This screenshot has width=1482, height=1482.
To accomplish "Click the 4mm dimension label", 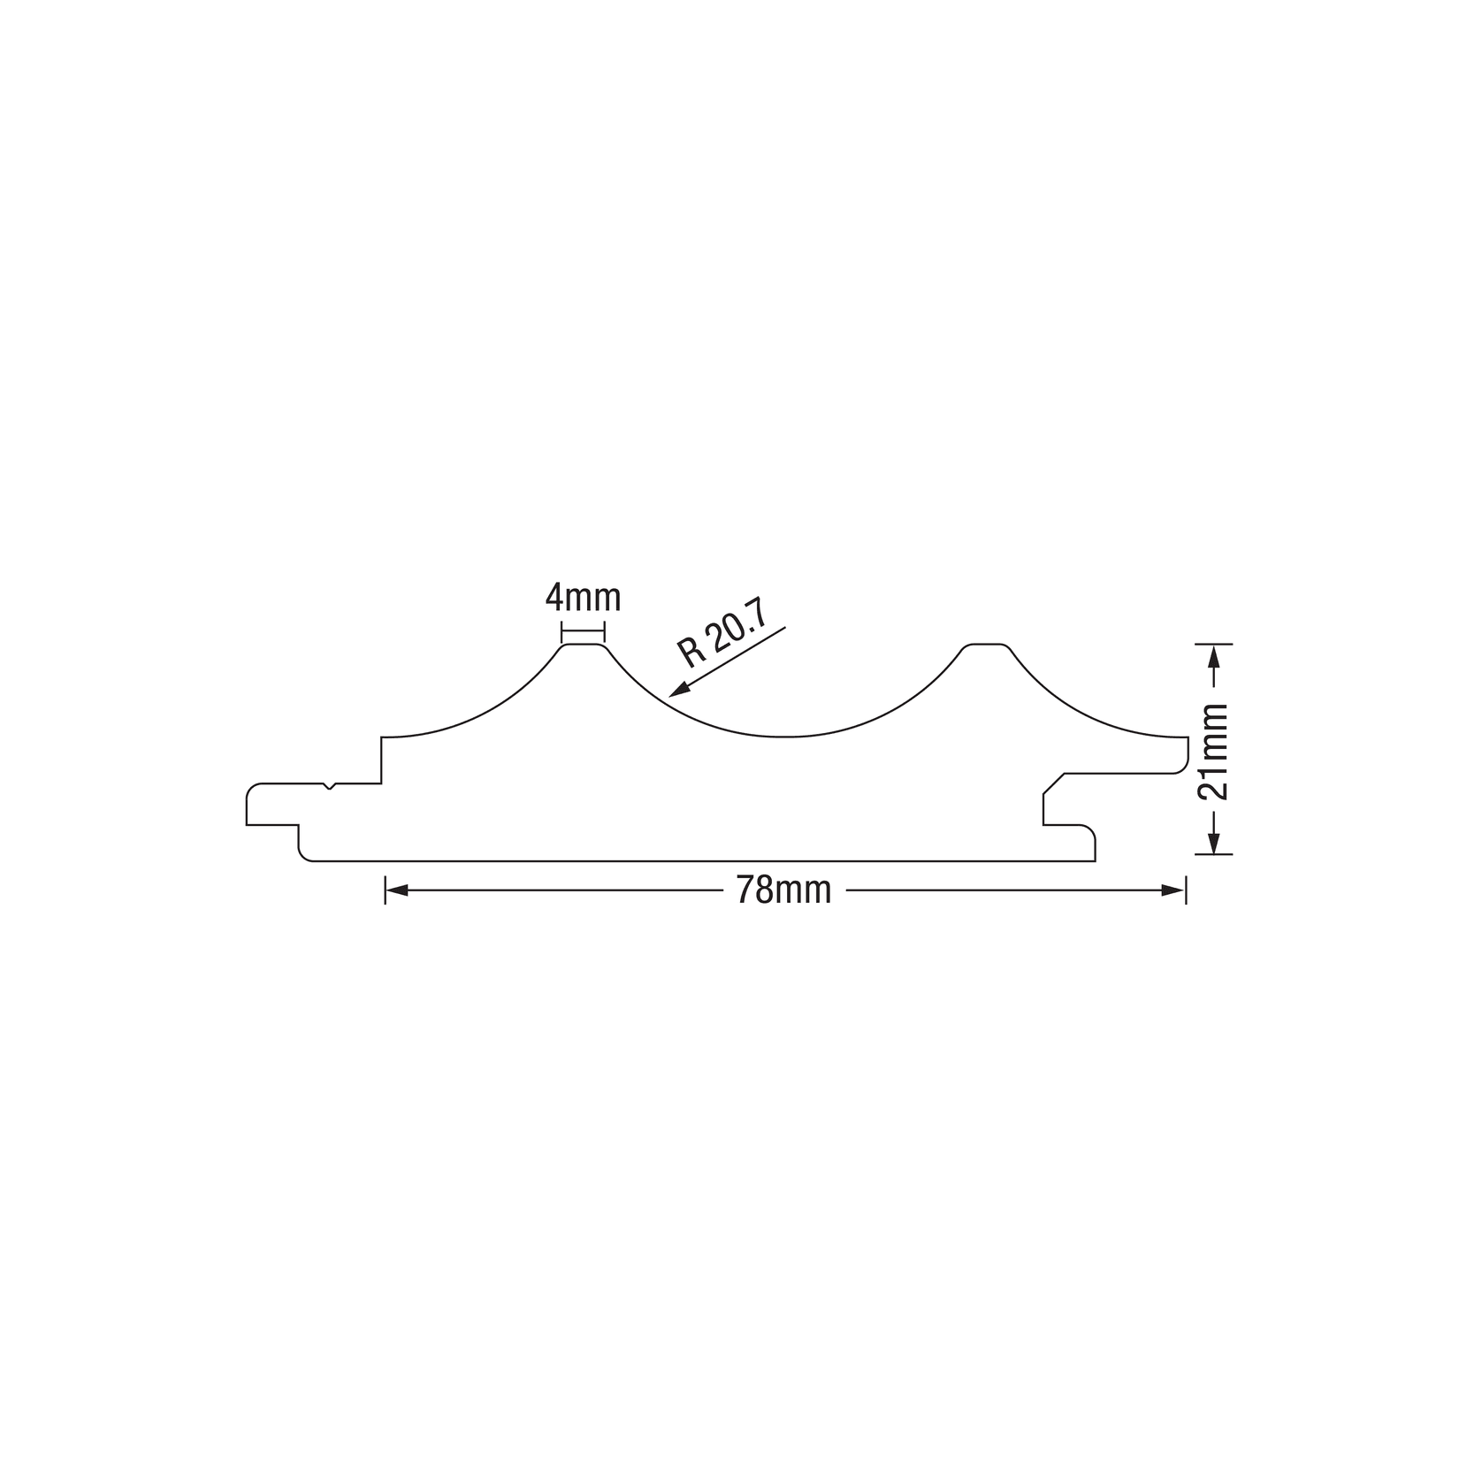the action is [x=583, y=598].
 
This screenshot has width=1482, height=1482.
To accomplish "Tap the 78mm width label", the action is [x=783, y=890].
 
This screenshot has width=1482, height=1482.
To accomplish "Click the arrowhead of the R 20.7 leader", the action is [x=678, y=691].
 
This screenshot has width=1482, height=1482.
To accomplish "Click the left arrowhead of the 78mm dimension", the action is [x=396, y=890].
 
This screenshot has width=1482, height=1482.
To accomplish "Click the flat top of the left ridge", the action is [x=583, y=645].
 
